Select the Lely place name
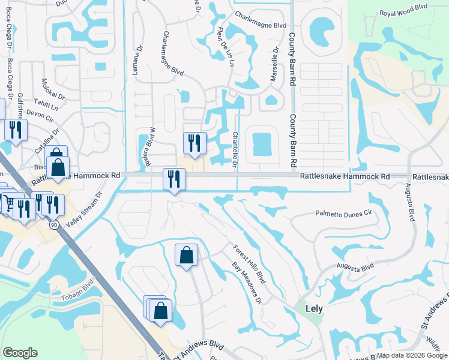[x=314, y=308]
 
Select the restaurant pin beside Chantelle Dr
[x=194, y=143]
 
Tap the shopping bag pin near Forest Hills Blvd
[x=186, y=254]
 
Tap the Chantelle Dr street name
[x=235, y=151]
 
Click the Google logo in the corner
[x=20, y=353]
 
